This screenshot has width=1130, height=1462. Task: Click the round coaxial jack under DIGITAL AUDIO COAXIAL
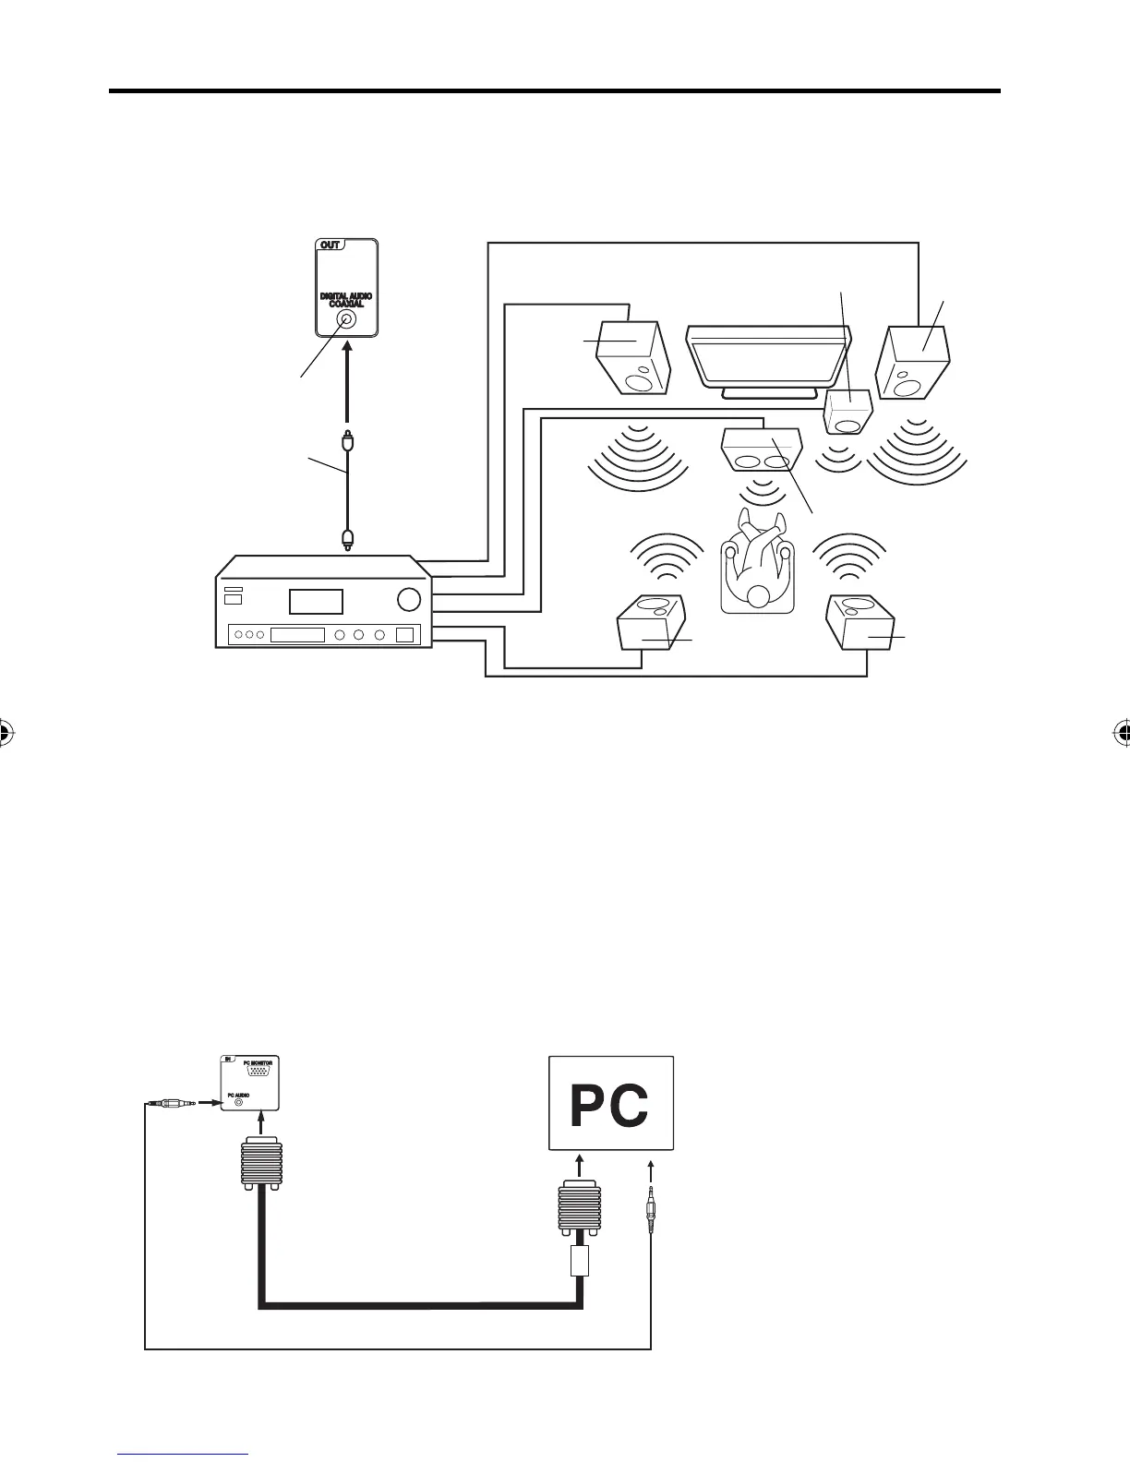345,319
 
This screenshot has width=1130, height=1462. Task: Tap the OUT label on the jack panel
330,246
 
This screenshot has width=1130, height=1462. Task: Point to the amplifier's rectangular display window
316,602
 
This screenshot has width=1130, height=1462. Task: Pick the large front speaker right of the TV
914,361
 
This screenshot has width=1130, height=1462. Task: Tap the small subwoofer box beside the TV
847,412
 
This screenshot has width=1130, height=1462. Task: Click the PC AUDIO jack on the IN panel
240,1100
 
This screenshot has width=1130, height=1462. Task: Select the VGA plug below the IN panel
260,1164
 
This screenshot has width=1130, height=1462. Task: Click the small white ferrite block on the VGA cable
579,1260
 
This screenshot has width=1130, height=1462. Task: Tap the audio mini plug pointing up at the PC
651,1205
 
